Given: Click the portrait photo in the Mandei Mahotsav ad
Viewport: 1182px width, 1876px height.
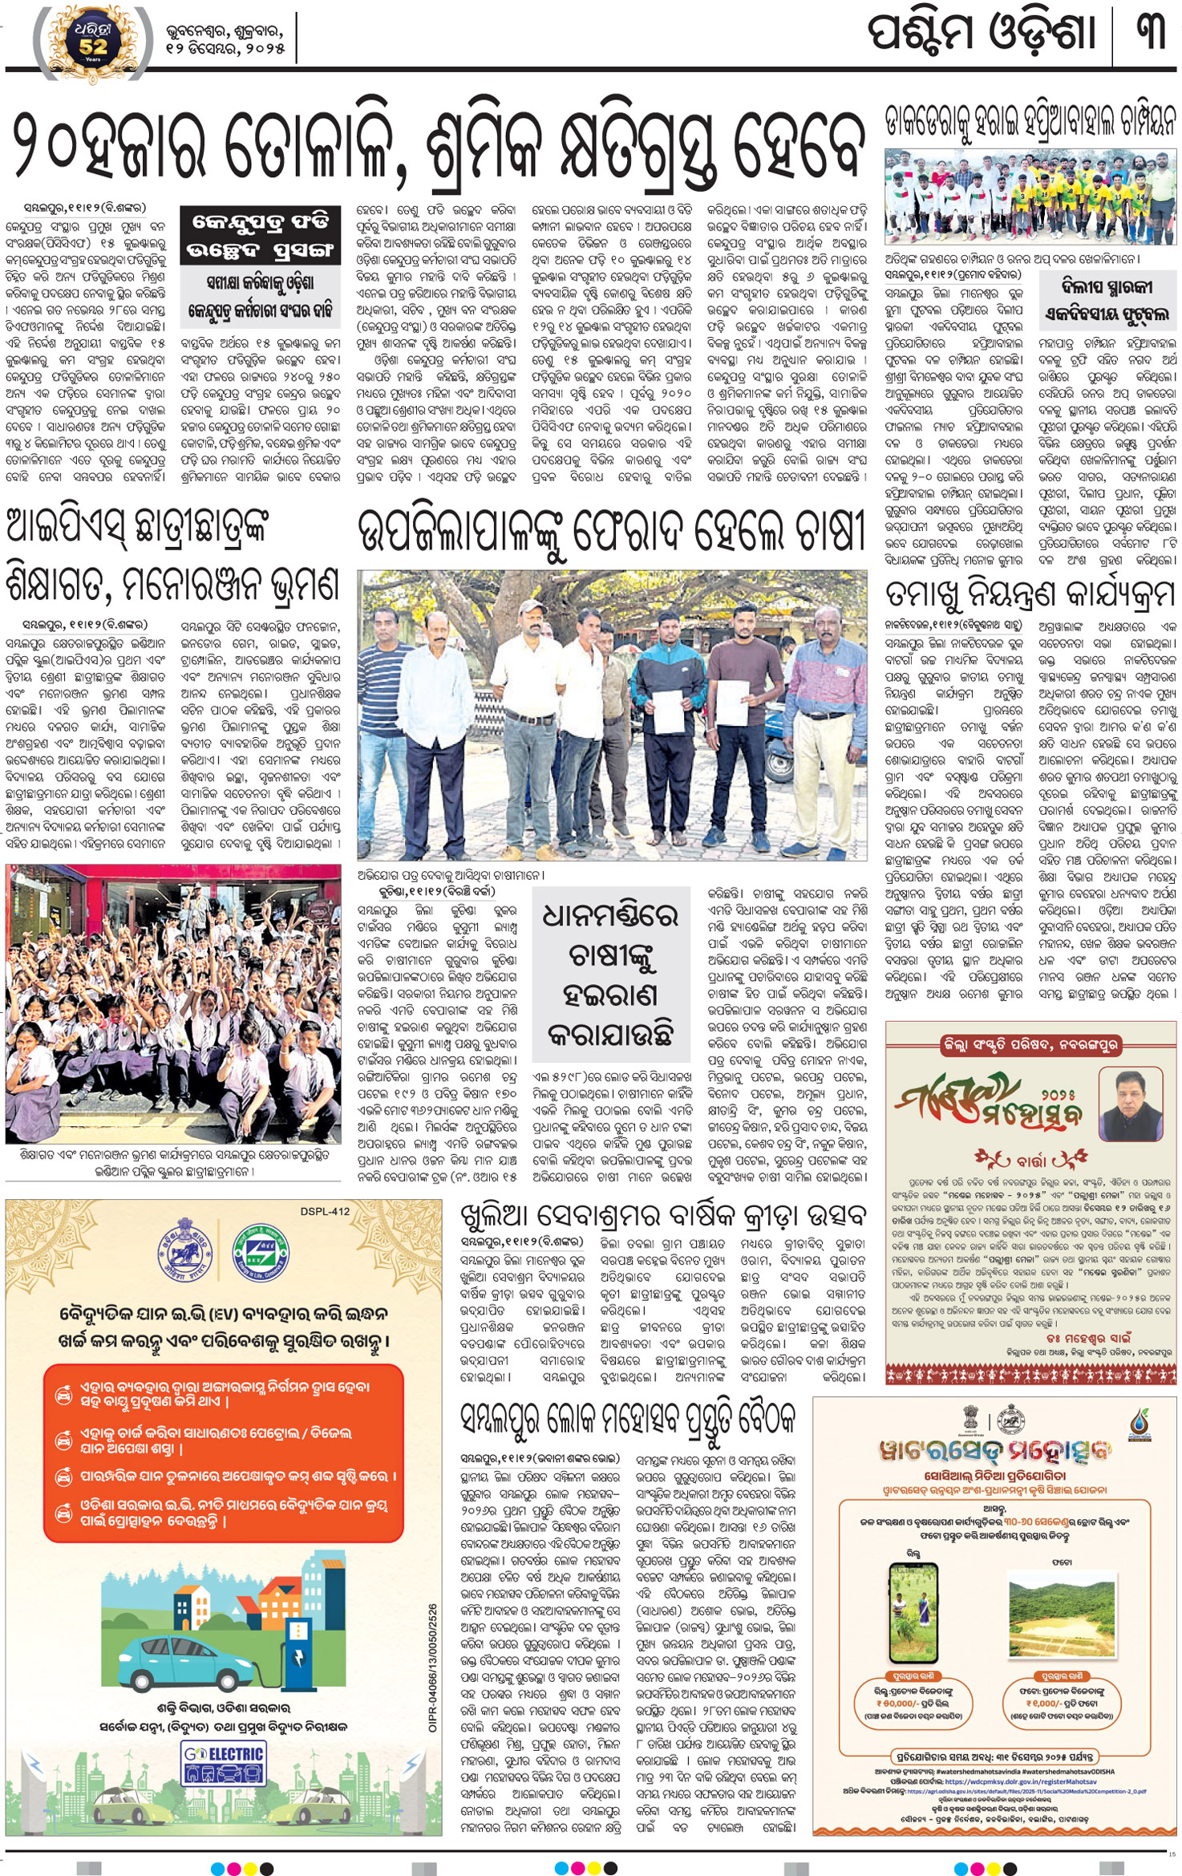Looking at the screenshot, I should click(1130, 1106).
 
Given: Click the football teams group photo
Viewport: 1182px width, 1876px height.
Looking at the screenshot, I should click(1030, 197).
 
